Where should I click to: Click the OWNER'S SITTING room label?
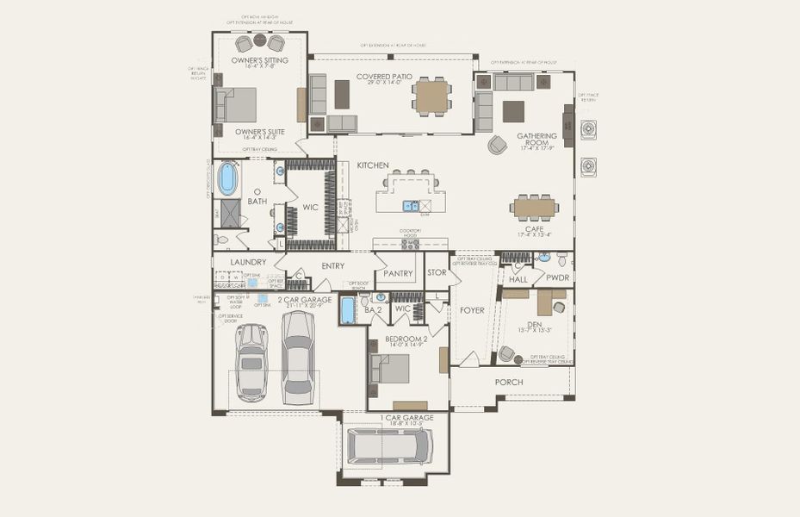pyautogui.click(x=259, y=60)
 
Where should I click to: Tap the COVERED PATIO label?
pyautogui.click(x=389, y=78)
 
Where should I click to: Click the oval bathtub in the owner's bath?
pyautogui.click(x=226, y=178)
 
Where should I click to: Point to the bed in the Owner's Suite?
pyautogui.click(x=237, y=105)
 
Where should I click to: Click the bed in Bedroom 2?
pyautogui.click(x=390, y=369)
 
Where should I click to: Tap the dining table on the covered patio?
pyautogui.click(x=431, y=96)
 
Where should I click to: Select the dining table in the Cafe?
pyautogui.click(x=534, y=208)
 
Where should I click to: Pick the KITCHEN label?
pyautogui.click(x=374, y=165)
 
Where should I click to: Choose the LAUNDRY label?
pyautogui.click(x=248, y=262)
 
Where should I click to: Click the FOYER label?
pyautogui.click(x=472, y=310)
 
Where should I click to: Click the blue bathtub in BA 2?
pyautogui.click(x=348, y=310)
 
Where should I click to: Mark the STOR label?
pyautogui.click(x=437, y=272)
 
